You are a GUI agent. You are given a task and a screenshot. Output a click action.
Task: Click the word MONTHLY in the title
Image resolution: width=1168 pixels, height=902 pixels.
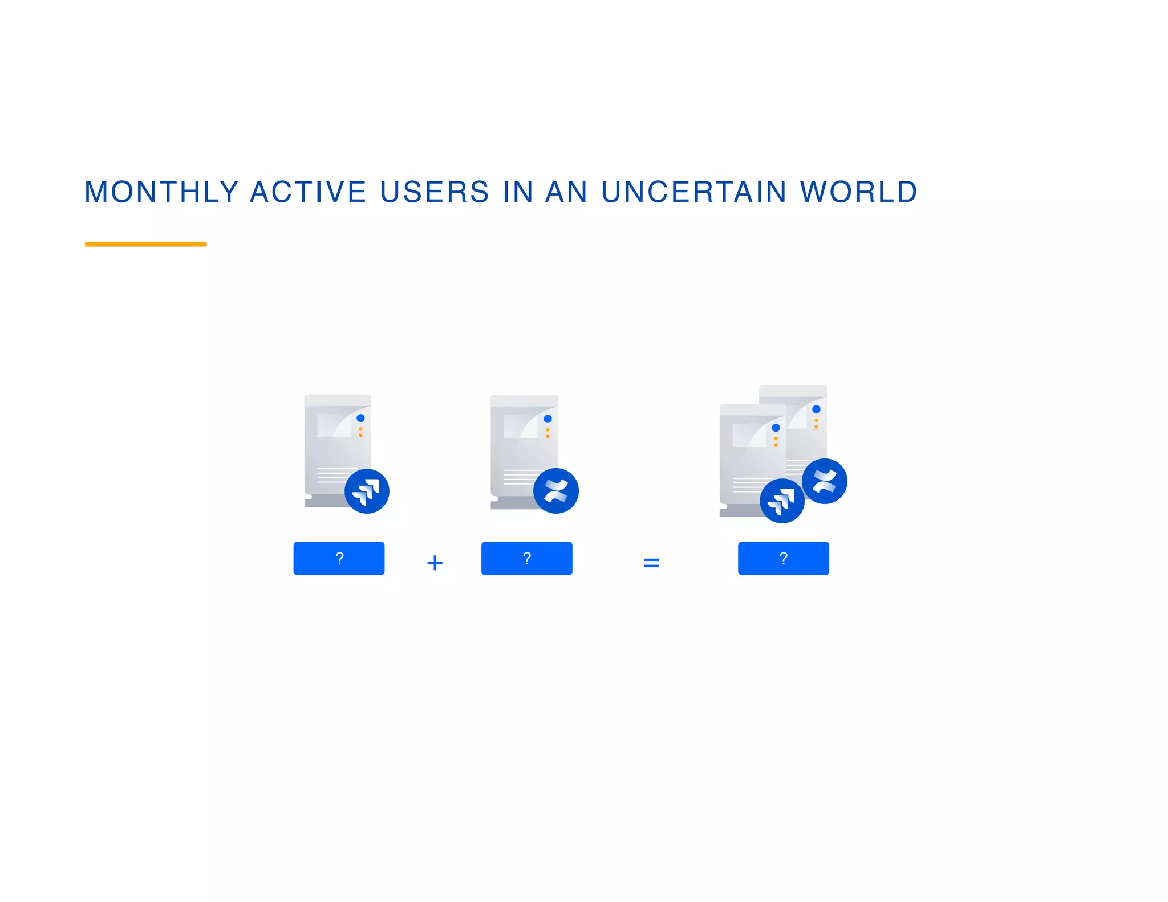161,192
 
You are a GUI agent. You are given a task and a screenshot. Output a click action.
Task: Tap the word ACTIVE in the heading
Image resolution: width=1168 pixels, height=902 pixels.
308,192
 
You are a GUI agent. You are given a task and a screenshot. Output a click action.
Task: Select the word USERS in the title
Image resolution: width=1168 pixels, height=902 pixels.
435,192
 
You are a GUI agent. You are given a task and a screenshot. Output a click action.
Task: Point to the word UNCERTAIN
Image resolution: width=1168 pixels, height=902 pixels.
694,192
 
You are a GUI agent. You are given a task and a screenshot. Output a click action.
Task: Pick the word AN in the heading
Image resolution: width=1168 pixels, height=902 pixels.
566,192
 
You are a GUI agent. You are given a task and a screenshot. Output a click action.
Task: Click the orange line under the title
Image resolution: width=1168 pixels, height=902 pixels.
145,244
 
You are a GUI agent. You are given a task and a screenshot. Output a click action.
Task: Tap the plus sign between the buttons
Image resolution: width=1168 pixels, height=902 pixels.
435,563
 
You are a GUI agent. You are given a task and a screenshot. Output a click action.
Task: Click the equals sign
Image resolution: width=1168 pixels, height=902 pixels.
651,563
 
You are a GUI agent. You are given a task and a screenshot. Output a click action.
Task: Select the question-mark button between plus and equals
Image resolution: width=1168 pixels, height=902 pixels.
526,558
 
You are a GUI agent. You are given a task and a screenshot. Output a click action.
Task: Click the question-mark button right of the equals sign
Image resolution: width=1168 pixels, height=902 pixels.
783,558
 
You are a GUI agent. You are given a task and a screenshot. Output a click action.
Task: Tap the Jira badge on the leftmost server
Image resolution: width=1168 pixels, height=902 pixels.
367,491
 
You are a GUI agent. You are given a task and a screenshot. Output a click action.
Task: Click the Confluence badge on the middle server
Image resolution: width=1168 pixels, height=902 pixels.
555,491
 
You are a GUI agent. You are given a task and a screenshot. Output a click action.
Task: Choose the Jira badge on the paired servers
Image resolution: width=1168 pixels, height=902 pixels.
782,501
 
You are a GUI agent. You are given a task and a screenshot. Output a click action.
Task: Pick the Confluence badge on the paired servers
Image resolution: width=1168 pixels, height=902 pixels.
824,481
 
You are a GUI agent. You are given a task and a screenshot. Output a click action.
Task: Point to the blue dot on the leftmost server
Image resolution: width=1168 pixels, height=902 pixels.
360,418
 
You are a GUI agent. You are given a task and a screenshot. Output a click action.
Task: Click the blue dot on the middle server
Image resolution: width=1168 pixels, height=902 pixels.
547,419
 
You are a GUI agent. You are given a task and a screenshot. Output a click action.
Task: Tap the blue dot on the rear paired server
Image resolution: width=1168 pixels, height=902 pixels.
816,409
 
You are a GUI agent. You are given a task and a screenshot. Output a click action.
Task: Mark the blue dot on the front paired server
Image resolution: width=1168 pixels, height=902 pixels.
776,428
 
